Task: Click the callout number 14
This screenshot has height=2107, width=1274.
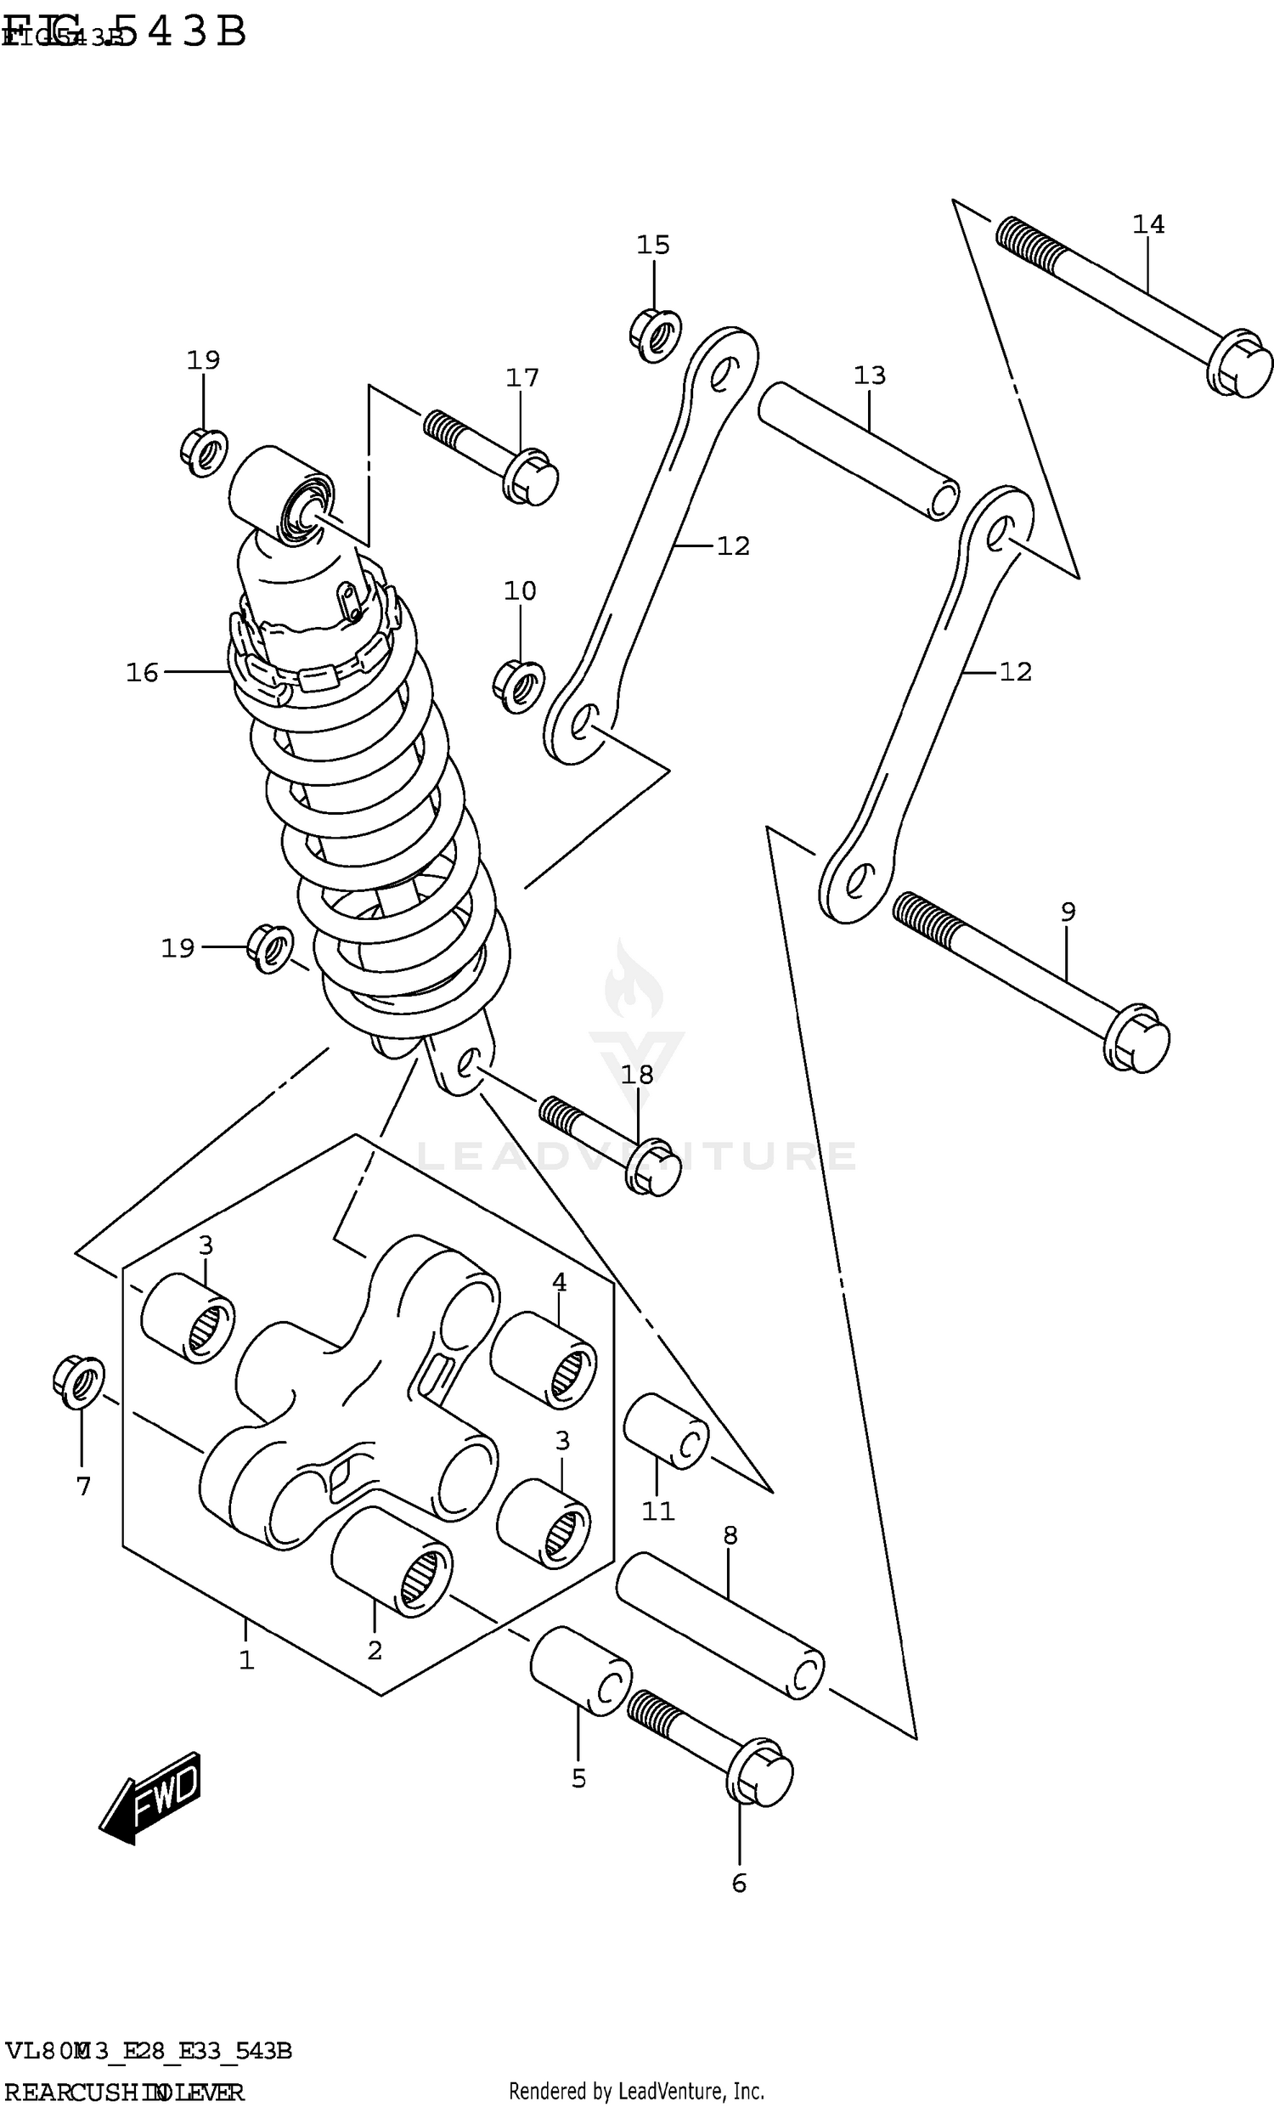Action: pos(1147,224)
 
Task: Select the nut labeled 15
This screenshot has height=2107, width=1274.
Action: pos(655,336)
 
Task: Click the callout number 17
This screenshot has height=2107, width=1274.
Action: pos(521,377)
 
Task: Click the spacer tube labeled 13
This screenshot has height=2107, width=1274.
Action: pos(859,450)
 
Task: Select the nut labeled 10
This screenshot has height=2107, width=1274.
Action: pos(519,686)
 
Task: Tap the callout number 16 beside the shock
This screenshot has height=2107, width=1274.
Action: pos(142,673)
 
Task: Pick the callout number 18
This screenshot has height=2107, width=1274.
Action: pos(637,1074)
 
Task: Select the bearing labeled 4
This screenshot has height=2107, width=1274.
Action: pos(544,1360)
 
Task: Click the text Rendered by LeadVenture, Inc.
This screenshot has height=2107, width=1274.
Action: pos(636,2091)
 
